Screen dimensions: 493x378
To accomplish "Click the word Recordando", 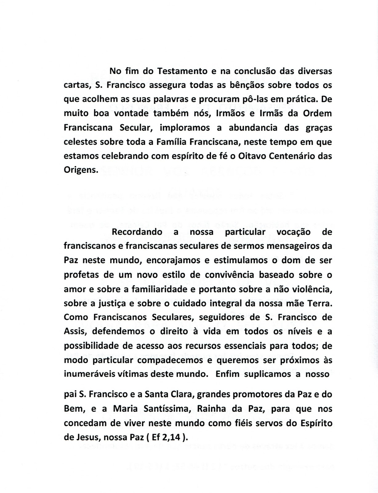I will click(x=137, y=232).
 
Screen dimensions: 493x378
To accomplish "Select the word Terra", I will click(x=320, y=303).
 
